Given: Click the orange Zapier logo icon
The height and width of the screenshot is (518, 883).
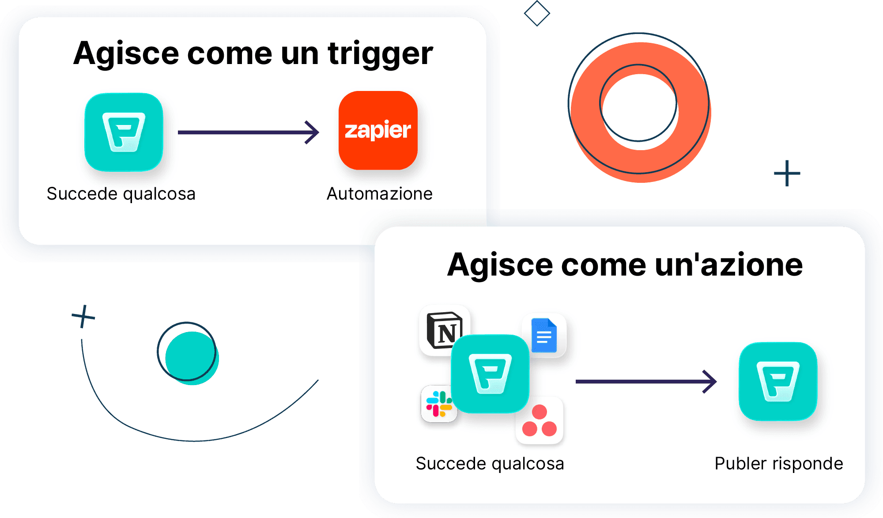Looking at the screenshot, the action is pyautogui.click(x=378, y=130).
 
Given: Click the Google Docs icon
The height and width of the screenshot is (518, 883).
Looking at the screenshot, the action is pyautogui.click(x=545, y=336).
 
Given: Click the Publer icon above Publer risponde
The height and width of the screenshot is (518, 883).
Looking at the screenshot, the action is pyautogui.click(x=778, y=382).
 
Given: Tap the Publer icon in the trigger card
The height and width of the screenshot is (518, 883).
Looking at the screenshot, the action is pyautogui.click(x=124, y=132).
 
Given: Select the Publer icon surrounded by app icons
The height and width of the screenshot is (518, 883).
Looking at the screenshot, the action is pyautogui.click(x=490, y=374).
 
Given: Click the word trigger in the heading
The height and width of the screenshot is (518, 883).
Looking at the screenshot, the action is pyautogui.click(x=380, y=54).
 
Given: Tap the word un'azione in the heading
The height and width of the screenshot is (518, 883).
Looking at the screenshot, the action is pyautogui.click(x=728, y=265).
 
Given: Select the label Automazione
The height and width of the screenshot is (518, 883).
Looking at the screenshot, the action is pyautogui.click(x=380, y=194).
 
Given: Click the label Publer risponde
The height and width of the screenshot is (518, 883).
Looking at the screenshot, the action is pyautogui.click(x=779, y=464).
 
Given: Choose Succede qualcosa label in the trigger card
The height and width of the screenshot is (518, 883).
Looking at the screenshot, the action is pyautogui.click(x=121, y=194).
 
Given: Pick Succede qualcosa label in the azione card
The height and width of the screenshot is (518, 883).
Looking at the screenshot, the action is pyautogui.click(x=490, y=464).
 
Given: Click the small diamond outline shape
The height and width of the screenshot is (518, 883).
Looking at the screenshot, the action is pyautogui.click(x=537, y=13).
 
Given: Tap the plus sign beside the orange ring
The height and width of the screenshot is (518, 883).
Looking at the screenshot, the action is pyautogui.click(x=787, y=173).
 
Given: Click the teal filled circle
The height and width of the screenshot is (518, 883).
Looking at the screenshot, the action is pyautogui.click(x=192, y=358).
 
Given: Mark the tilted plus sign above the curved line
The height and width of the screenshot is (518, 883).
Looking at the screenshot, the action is pyautogui.click(x=83, y=317).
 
